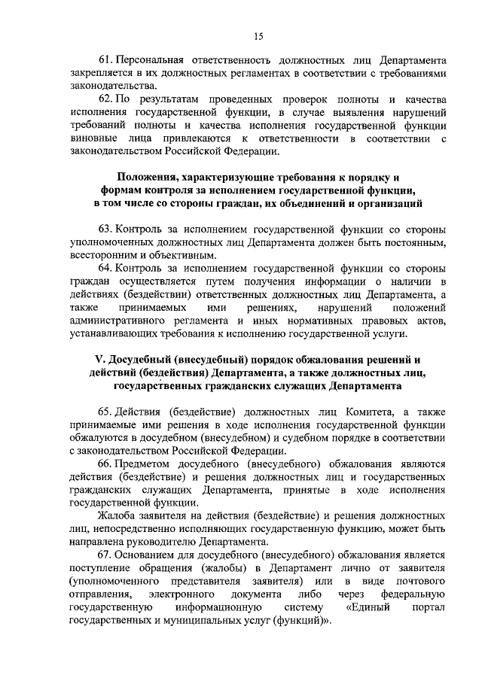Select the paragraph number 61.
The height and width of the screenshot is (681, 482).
click(x=105, y=59)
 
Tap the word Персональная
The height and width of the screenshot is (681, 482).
click(x=153, y=59)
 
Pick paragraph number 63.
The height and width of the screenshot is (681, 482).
click(x=105, y=228)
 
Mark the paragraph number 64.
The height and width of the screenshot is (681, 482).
click(x=105, y=268)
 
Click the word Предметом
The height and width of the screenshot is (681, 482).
click(x=145, y=464)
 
